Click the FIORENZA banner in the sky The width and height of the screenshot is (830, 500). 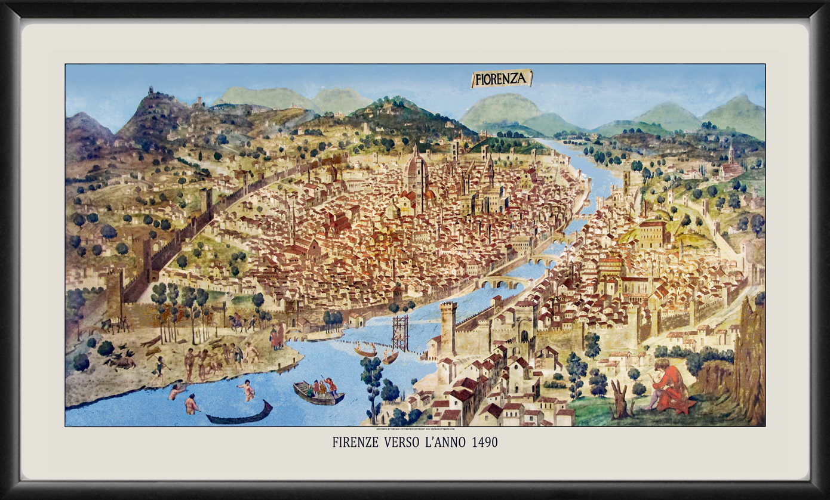(x=501, y=78)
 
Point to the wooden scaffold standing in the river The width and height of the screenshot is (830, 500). (x=400, y=332)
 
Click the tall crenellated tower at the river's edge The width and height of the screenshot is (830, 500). (x=448, y=327)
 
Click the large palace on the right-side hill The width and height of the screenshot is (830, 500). (x=653, y=234)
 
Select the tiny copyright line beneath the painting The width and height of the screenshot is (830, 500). (x=415, y=429)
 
